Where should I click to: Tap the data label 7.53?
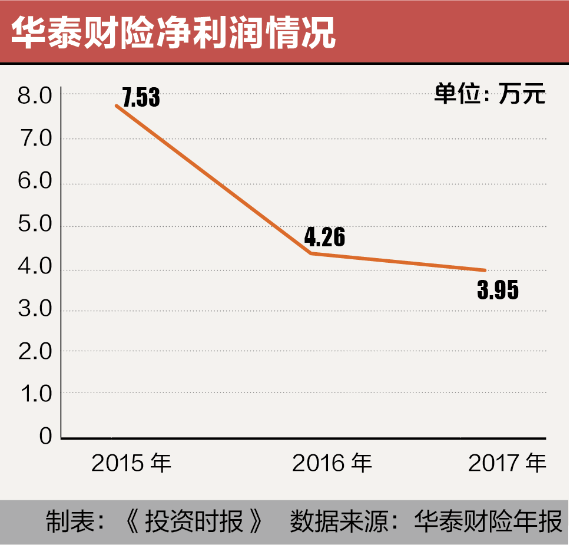[x=141, y=98]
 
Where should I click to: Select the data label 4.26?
[x=324, y=237]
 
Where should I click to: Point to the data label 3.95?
[x=498, y=290]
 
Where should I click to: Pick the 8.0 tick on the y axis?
[x=35, y=95]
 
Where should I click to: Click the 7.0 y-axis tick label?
[x=35, y=140]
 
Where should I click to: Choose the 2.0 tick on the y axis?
[x=35, y=352]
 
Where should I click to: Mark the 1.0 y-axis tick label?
[x=35, y=394]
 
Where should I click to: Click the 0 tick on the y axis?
[x=46, y=437]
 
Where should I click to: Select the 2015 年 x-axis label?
[x=131, y=464]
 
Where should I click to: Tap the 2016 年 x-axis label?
[x=332, y=464]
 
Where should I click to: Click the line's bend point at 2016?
[x=310, y=253]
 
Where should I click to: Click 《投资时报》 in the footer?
[x=194, y=523]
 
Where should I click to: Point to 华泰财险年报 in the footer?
[x=489, y=523]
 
